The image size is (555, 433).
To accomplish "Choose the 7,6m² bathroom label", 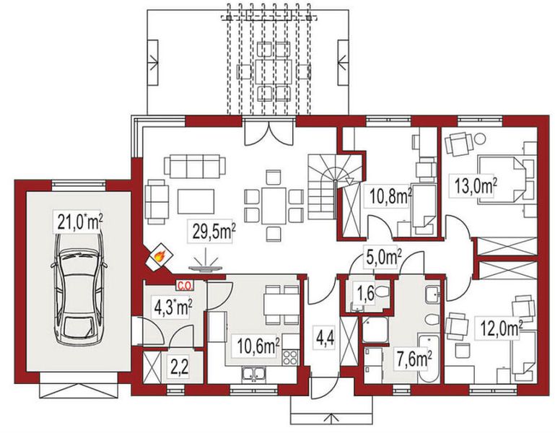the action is (412, 359).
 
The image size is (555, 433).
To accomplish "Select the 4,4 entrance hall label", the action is (324, 338).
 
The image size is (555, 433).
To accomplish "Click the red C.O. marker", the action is (185, 285).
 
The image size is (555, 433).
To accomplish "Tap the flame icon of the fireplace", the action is (160, 255).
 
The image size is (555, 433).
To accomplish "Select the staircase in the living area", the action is (335, 187).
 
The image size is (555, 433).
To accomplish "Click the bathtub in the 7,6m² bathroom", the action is (428, 359).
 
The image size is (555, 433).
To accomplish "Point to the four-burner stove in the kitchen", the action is (289, 357).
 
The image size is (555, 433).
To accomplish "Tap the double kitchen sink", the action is (253, 375).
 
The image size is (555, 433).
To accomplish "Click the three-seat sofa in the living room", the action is (195, 166).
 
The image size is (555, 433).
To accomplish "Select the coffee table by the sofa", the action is (196, 201).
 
